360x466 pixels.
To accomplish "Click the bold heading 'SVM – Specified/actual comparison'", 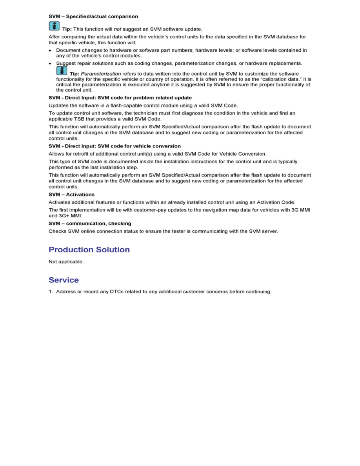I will (93, 16).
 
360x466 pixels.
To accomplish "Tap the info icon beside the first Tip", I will (54, 26).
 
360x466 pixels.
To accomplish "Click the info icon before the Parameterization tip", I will (62, 71).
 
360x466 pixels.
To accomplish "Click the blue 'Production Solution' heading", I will (89, 250).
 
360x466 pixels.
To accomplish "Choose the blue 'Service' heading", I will (64, 280).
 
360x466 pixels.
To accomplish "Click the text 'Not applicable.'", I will (66, 262).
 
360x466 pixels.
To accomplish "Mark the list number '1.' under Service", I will (51, 291).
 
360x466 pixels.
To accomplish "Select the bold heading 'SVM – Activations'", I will (71, 195).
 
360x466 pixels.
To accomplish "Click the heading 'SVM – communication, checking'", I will (90, 224).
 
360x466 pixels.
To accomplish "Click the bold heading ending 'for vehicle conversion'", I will (115, 146).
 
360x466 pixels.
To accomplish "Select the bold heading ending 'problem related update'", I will (120, 98).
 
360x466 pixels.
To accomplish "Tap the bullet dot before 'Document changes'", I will (50, 51).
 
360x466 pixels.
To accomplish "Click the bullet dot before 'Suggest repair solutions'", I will (50, 63).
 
